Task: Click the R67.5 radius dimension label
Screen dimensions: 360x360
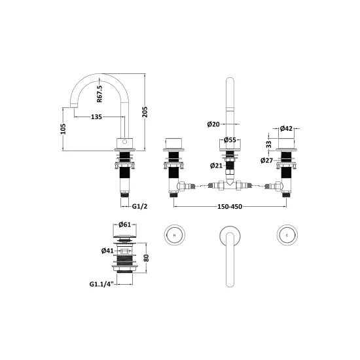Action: tap(99, 94)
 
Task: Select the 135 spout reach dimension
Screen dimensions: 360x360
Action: tap(96, 117)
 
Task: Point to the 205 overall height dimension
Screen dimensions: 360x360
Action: tap(145, 112)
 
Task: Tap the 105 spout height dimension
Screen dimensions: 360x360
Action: tap(63, 129)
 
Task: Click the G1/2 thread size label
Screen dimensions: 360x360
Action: tap(139, 206)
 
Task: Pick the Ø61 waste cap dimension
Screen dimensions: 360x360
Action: tap(124, 225)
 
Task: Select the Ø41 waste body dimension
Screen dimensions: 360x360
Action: tap(107, 251)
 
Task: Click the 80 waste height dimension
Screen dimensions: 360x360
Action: tap(146, 258)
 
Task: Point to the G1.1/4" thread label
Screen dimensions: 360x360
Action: tap(101, 284)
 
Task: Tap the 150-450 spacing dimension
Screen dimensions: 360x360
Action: tap(230, 207)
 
